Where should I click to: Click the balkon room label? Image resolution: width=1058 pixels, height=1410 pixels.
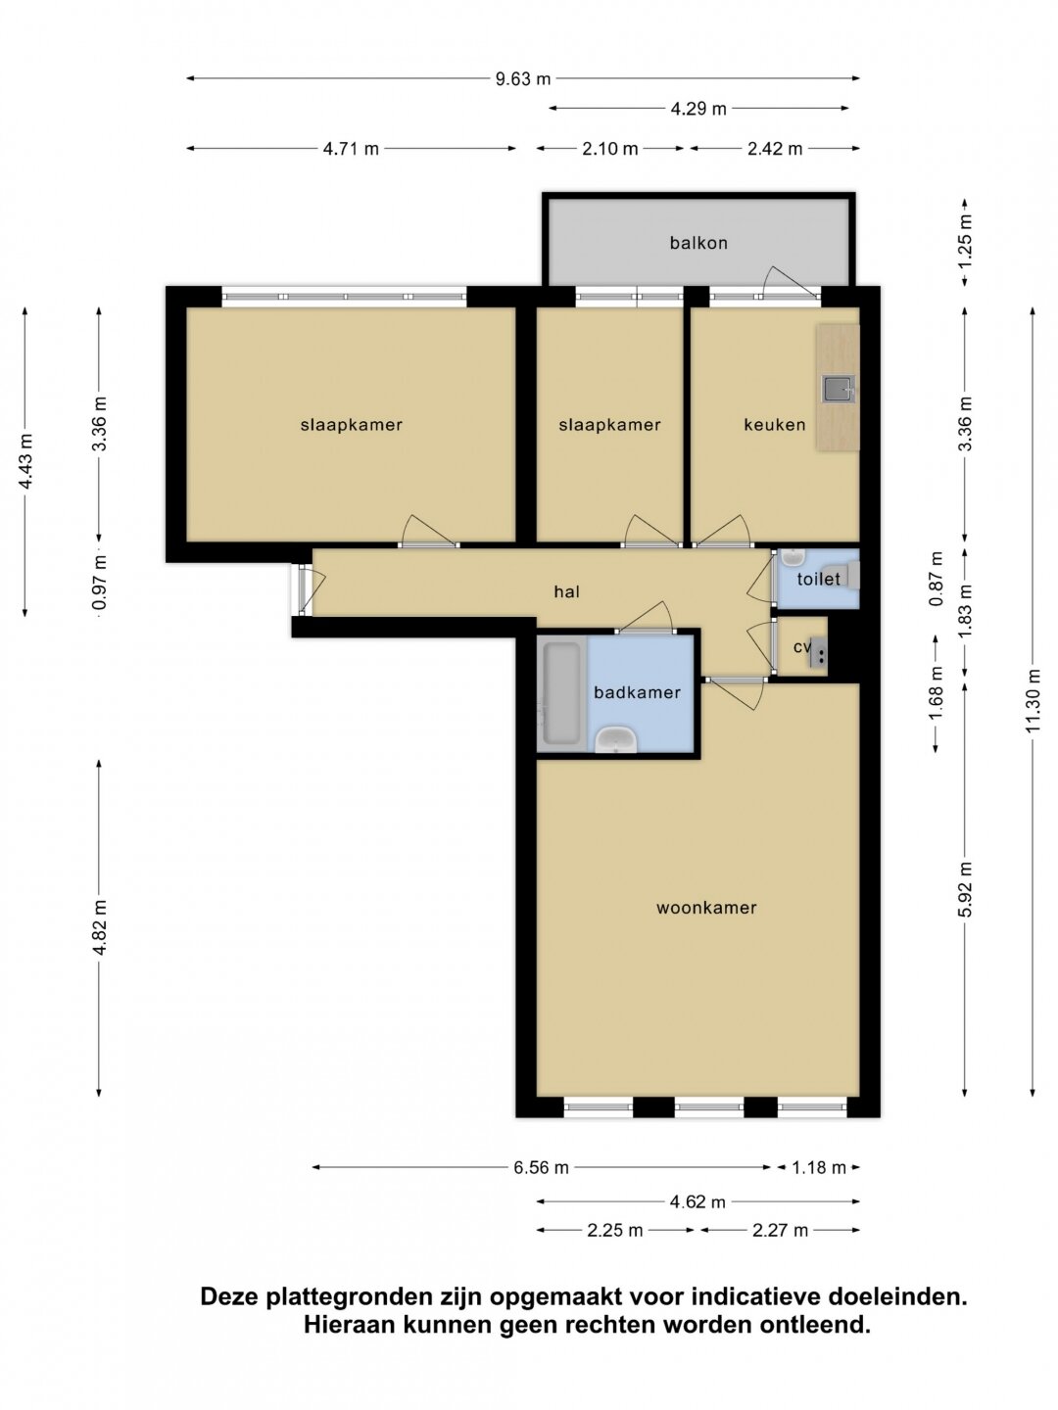click(x=698, y=243)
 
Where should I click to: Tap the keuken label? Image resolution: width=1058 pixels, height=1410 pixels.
click(x=774, y=425)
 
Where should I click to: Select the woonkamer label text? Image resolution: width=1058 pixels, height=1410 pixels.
click(x=706, y=908)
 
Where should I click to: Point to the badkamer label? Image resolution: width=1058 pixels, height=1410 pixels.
click(x=637, y=692)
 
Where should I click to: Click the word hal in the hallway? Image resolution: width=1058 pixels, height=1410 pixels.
click(x=566, y=591)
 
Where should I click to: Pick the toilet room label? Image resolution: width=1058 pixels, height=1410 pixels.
click(x=818, y=579)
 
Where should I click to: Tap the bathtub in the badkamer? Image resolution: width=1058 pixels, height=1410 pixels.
click(x=561, y=694)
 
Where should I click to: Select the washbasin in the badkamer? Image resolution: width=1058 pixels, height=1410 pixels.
click(x=615, y=739)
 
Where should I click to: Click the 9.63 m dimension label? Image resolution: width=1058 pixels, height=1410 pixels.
click(x=523, y=79)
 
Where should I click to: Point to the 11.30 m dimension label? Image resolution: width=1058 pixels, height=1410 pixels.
click(x=1033, y=700)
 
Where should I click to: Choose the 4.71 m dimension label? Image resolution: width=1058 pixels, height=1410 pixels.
click(x=351, y=149)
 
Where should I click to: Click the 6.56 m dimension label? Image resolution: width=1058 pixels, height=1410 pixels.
click(x=541, y=1167)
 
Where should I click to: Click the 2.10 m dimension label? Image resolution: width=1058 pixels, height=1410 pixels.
click(x=609, y=149)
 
